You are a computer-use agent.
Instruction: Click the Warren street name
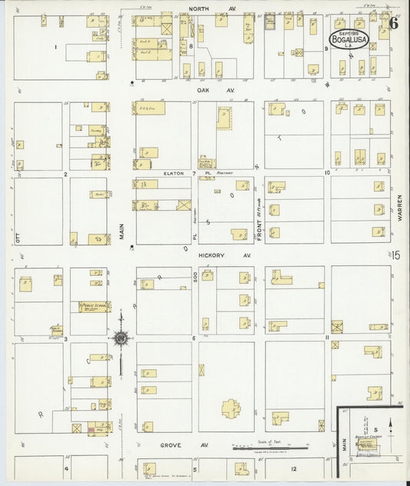tap(401, 208)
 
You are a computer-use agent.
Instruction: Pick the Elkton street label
tap(172, 174)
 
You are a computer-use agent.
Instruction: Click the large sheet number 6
tap(393, 22)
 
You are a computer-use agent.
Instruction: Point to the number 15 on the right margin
tap(395, 256)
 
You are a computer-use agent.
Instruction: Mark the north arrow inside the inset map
tap(392, 424)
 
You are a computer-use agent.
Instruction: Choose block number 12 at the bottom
tap(293, 468)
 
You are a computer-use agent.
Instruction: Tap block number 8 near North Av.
tap(191, 47)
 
